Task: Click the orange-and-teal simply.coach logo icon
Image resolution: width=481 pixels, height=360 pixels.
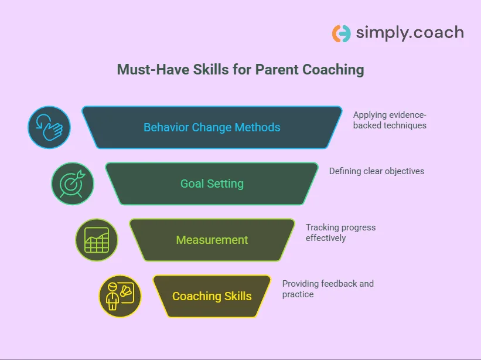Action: pyautogui.click(x=341, y=33)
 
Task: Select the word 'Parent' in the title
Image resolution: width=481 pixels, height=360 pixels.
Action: pyautogui.click(x=275, y=70)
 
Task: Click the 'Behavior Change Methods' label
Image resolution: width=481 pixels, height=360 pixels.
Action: pyautogui.click(x=212, y=127)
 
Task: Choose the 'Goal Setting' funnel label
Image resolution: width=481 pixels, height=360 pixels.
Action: pyautogui.click(x=212, y=184)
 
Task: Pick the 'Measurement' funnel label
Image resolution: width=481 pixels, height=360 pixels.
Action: pyautogui.click(x=212, y=240)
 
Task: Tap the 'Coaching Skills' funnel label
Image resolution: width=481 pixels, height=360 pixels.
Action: pyautogui.click(x=212, y=296)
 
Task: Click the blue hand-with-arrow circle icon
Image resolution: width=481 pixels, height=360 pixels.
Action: pyautogui.click(x=49, y=127)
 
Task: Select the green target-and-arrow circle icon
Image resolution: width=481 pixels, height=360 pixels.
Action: pyautogui.click(x=73, y=184)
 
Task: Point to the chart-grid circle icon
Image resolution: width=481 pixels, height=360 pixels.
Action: pyautogui.click(x=97, y=240)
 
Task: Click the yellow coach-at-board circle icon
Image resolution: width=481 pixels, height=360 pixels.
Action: pyautogui.click(x=120, y=296)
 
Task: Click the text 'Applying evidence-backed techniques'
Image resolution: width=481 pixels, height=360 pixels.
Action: pyautogui.click(x=390, y=120)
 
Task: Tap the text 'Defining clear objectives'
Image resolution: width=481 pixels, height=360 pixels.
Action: pyautogui.click(x=377, y=171)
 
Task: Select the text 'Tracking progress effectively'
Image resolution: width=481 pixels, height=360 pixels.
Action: pyautogui.click(x=340, y=233)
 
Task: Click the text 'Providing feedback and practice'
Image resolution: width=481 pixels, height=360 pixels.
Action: pyautogui.click(x=328, y=288)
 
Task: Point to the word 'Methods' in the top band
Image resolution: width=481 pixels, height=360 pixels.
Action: pyautogui.click(x=258, y=127)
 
